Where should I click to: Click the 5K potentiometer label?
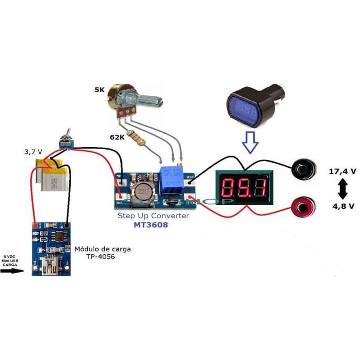point(99,90)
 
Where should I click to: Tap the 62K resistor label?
point(117,137)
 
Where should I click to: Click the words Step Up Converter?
point(153,215)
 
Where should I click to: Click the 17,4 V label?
point(342,171)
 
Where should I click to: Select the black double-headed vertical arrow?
point(343,188)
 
